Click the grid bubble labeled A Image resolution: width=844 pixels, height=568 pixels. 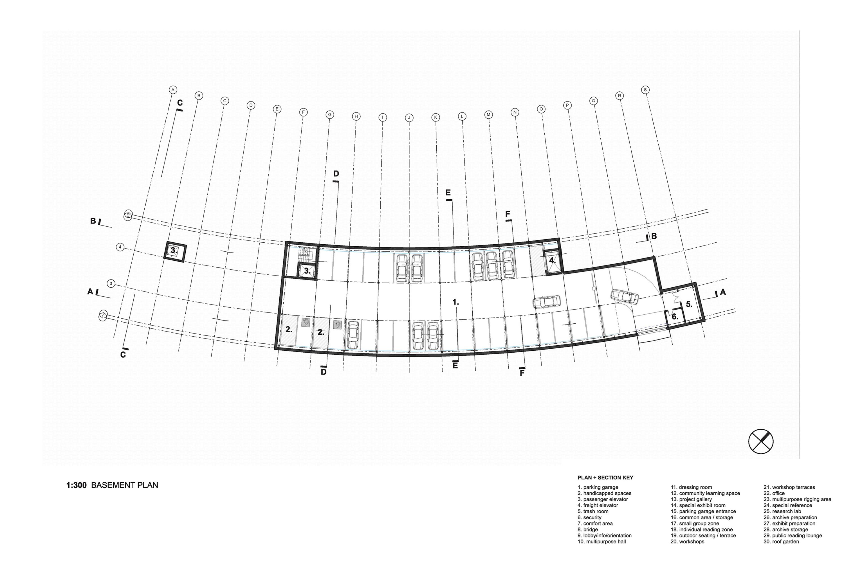[x=173, y=90]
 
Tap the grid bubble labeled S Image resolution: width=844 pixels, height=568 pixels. [x=645, y=90]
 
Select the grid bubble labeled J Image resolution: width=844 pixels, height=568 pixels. [x=409, y=118]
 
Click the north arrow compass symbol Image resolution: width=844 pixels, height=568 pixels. [x=761, y=441]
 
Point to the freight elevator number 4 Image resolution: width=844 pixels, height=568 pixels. [x=552, y=260]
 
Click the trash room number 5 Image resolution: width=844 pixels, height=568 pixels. [x=689, y=305]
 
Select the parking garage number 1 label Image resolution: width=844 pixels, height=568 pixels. [x=456, y=302]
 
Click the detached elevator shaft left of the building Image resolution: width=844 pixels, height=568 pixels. [x=175, y=250]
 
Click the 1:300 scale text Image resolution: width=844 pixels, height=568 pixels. [x=77, y=485]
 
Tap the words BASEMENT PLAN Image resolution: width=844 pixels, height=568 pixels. [x=125, y=485]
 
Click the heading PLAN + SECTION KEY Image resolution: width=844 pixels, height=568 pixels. [x=605, y=477]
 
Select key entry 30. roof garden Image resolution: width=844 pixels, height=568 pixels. [x=781, y=542]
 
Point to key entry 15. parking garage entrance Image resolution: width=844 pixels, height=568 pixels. [x=703, y=511]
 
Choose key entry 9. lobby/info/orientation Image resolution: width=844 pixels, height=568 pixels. [x=605, y=535]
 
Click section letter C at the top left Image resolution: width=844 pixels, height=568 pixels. [x=180, y=103]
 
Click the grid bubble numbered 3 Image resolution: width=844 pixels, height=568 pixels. [x=111, y=284]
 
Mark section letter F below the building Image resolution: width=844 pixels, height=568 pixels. [x=522, y=373]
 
